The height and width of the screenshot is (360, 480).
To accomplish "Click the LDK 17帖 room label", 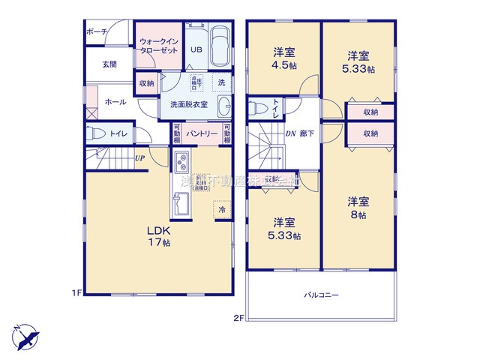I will click(157, 236).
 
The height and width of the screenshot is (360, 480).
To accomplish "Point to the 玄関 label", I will click(109, 64).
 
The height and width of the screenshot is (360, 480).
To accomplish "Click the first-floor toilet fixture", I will click(96, 134).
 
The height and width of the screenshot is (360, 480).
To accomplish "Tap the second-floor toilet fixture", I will click(259, 107).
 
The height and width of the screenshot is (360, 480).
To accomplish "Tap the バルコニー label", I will click(321, 295).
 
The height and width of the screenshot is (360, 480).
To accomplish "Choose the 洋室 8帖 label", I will click(357, 208).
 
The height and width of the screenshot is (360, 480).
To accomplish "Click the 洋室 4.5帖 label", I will click(283, 58).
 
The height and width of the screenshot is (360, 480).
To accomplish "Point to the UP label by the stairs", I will click(139, 158).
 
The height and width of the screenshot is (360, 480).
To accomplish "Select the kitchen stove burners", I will click(182, 162).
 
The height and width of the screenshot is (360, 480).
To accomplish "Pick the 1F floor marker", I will click(77, 292).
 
